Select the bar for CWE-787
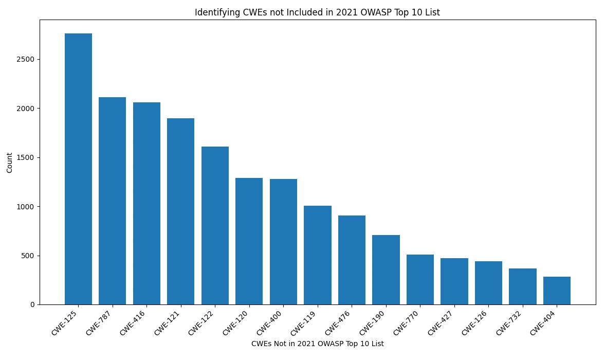coord(112,201)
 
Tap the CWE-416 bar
coord(146,203)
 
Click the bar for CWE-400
coord(283,242)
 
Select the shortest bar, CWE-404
coord(557,291)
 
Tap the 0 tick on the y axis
coord(32,304)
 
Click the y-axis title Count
coord(10,163)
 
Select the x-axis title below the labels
coord(317,344)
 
